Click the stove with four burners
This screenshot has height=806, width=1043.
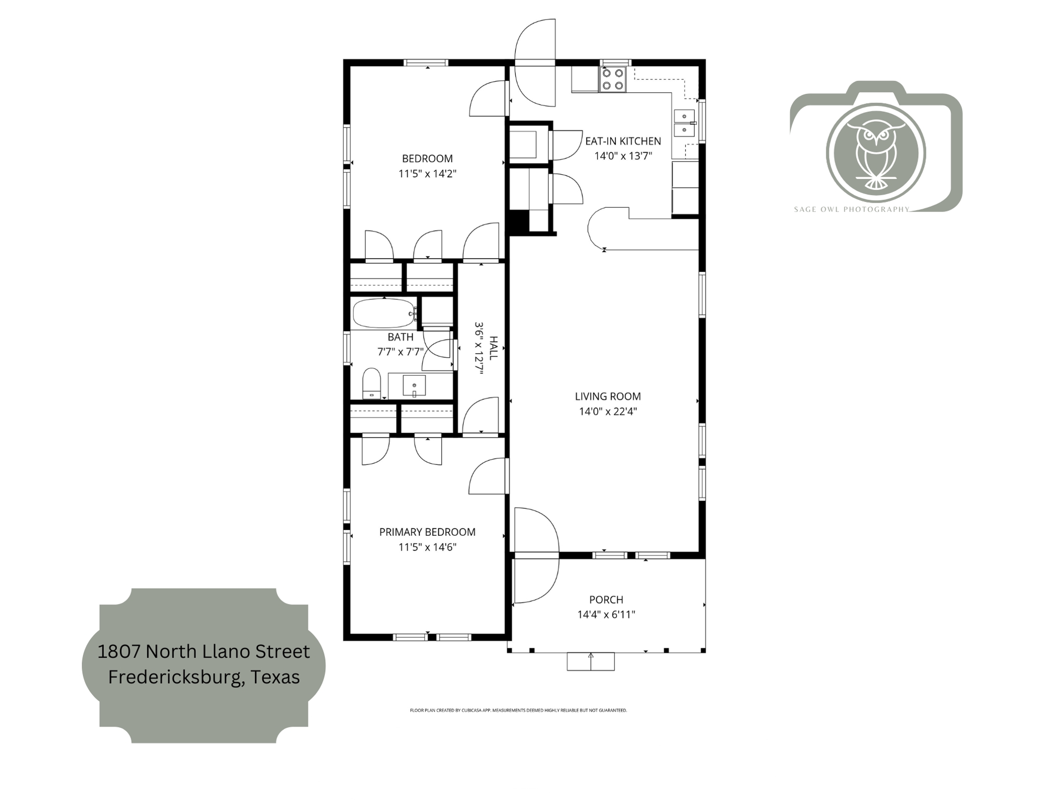tap(613, 80)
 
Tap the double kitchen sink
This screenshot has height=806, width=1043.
tap(684, 123)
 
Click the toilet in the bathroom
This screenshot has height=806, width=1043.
tap(372, 384)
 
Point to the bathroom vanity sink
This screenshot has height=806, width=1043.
tap(414, 386)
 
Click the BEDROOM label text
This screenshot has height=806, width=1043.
tap(427, 158)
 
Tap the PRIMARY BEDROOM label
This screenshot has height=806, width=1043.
tap(427, 532)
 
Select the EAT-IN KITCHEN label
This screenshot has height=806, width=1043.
tap(623, 141)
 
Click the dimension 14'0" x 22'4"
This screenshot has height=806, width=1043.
tap(608, 411)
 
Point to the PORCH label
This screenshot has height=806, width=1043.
tap(606, 600)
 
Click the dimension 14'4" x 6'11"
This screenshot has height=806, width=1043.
tap(606, 614)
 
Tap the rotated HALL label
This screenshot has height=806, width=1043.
tap(493, 348)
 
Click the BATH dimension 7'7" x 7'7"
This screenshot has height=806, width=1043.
tap(400, 352)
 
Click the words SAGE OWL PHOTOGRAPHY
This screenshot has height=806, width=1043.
tap(851, 209)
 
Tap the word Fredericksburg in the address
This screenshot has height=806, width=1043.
tap(176, 677)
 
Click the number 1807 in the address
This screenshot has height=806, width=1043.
tap(119, 651)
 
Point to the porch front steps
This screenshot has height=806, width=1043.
tap(590, 661)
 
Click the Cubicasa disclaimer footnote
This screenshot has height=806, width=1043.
tap(518, 710)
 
